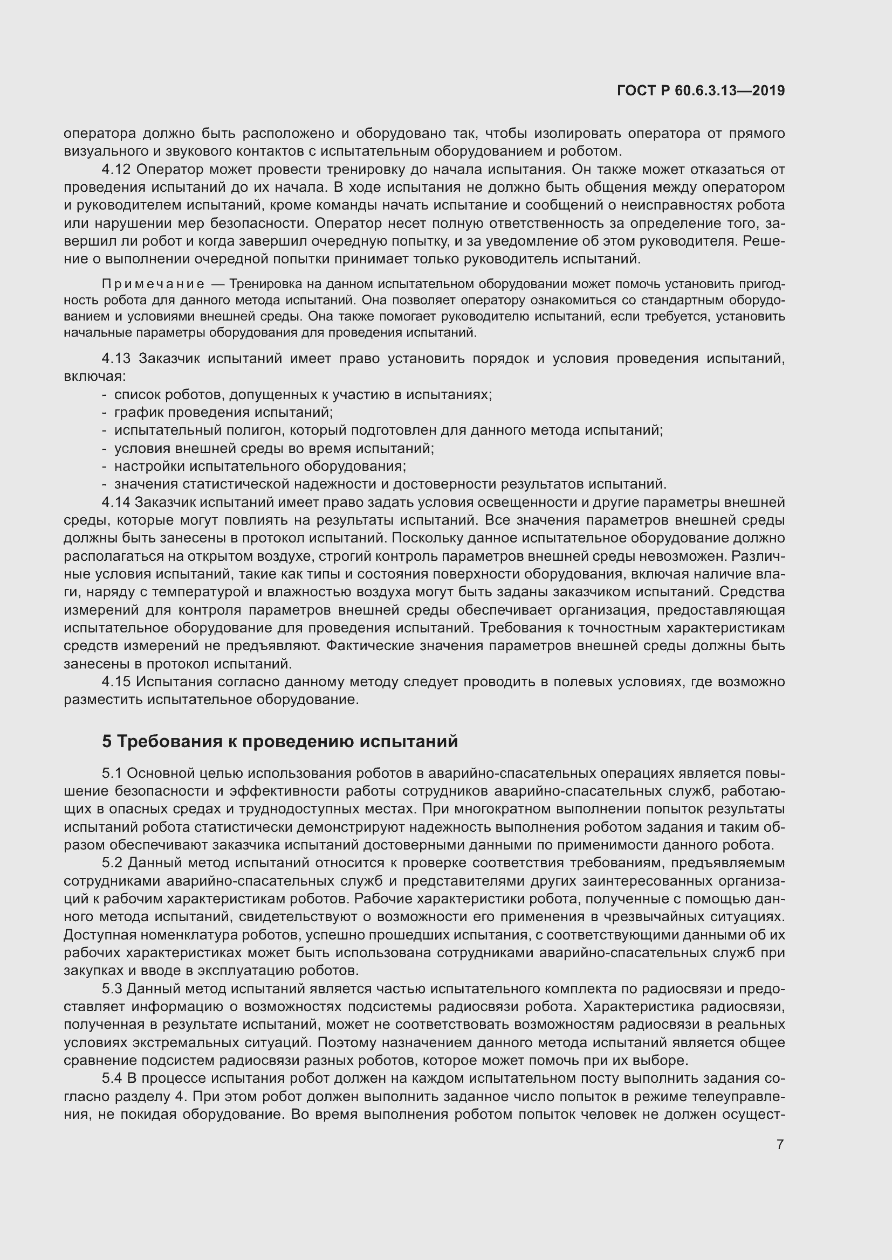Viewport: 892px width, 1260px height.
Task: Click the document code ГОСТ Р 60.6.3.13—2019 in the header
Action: coord(701,91)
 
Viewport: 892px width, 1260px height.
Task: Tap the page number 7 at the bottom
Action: coord(780,1145)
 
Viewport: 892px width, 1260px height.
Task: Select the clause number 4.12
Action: coord(116,170)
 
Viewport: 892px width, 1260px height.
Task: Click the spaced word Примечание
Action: coord(153,284)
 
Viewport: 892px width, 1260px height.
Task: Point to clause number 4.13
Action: coord(116,359)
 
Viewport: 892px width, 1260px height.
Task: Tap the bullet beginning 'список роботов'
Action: coord(302,394)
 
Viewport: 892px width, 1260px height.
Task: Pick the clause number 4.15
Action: coord(116,682)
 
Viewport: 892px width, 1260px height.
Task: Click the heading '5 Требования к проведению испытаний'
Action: coord(279,741)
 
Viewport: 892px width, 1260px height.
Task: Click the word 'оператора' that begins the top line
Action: coord(99,134)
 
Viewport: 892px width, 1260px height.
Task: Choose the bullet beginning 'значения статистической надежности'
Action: coord(389,485)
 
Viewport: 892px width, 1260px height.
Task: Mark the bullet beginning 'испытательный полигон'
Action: coord(388,430)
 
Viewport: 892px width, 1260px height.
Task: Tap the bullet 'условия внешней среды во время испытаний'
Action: coord(273,448)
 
